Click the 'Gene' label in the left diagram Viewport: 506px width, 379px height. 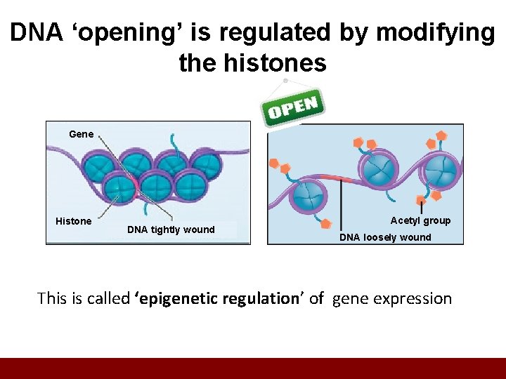click(x=81, y=134)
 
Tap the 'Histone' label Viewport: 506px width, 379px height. click(x=74, y=221)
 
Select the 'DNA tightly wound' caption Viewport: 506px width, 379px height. click(x=171, y=230)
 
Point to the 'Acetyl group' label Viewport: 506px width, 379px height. click(x=420, y=220)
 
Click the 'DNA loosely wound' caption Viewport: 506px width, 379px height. click(x=385, y=237)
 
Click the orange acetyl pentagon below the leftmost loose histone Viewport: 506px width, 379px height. click(x=325, y=225)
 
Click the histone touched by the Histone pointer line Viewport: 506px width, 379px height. click(x=119, y=188)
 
